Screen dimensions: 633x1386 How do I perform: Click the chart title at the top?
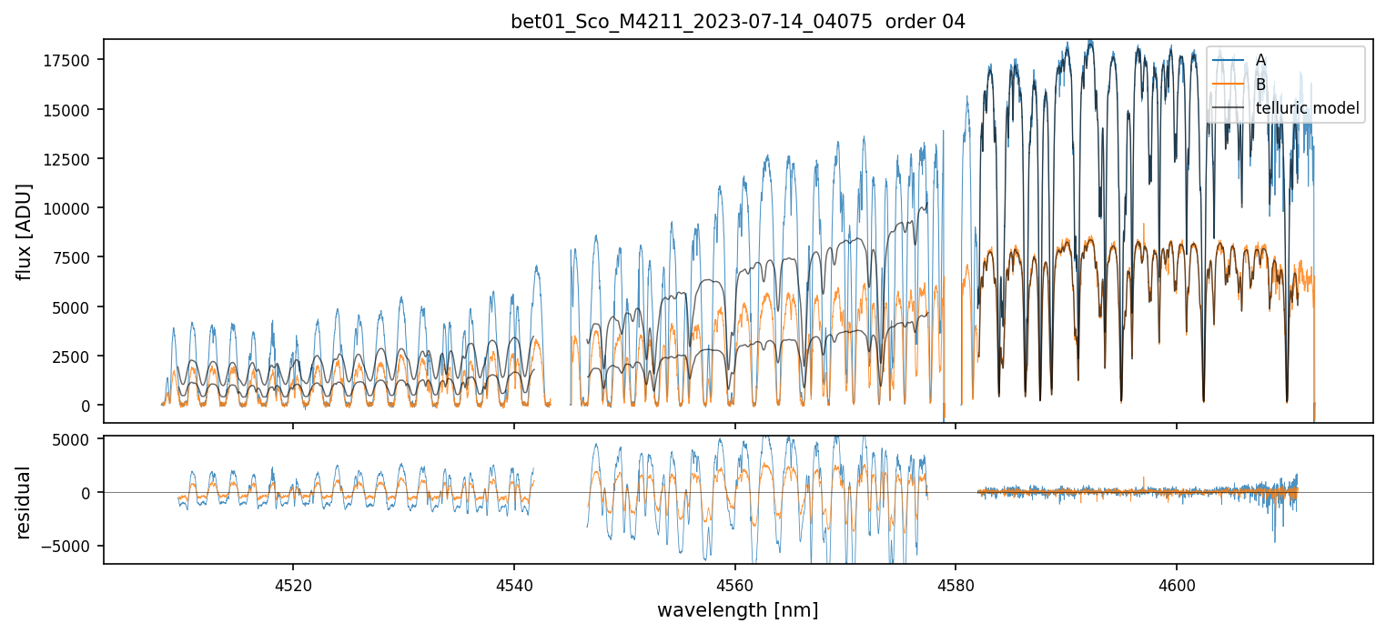pos(738,22)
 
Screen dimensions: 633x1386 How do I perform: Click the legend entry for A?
pos(1260,60)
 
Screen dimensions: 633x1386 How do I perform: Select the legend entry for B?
pos(1260,85)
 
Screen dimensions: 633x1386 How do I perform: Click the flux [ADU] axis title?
pos(25,231)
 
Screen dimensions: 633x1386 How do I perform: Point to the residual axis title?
pos(25,502)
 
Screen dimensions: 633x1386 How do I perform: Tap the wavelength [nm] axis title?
pos(738,610)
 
